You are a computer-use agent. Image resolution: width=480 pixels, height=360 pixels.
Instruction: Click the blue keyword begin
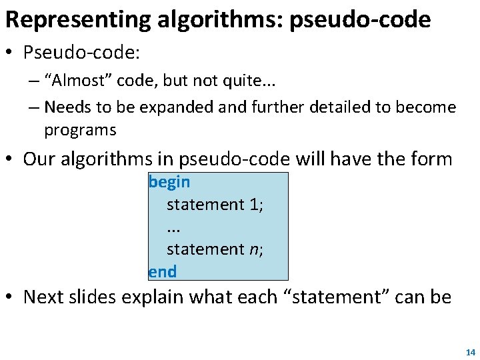tap(169, 182)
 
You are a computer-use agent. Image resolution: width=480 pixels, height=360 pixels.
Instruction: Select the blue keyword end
tap(163, 271)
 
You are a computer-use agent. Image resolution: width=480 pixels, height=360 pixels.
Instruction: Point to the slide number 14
tap(470, 352)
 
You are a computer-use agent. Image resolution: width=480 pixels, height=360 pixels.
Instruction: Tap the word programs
tap(80, 129)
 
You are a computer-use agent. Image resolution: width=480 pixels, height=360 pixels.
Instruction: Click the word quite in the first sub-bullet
tap(241, 81)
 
